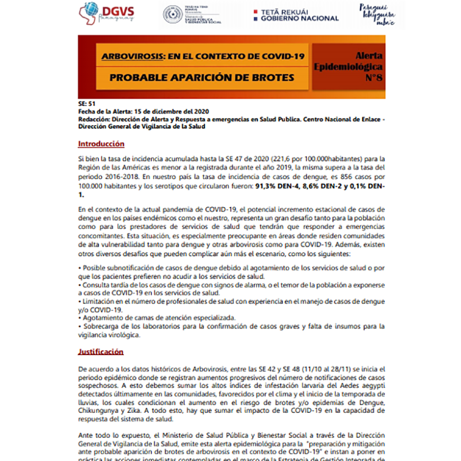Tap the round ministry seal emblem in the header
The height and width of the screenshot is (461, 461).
pos(173,14)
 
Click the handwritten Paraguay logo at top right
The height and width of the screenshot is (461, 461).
pos(378,14)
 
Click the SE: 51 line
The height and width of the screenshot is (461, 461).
pos(86,104)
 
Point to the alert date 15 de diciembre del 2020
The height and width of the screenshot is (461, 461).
pos(171,111)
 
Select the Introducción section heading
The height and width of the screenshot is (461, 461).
pos(101,144)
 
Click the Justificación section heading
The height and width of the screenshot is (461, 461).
pos(101,351)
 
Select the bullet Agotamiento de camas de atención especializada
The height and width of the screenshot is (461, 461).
pos(157,318)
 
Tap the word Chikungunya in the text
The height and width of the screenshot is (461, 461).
pos(101,412)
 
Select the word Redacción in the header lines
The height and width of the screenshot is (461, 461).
pos(93,119)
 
